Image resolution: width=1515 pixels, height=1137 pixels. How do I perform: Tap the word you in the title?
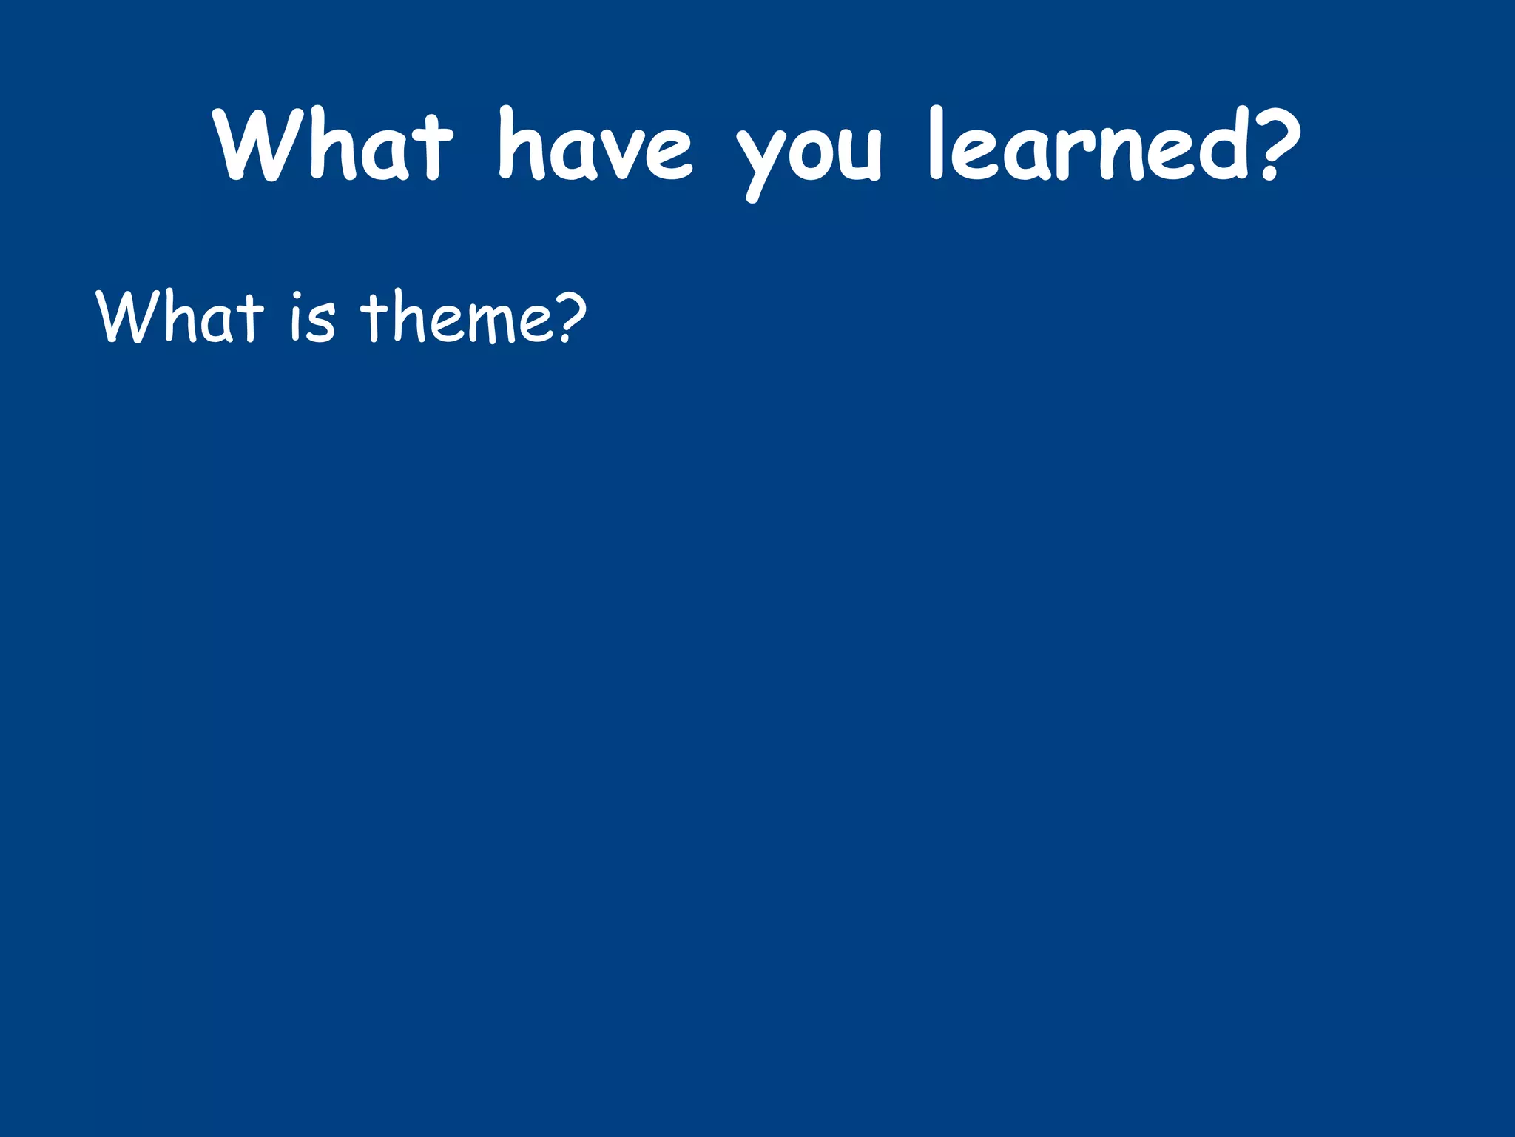809,152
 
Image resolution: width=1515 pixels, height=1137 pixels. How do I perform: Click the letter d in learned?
1224,144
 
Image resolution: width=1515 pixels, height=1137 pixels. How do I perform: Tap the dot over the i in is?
296,295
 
